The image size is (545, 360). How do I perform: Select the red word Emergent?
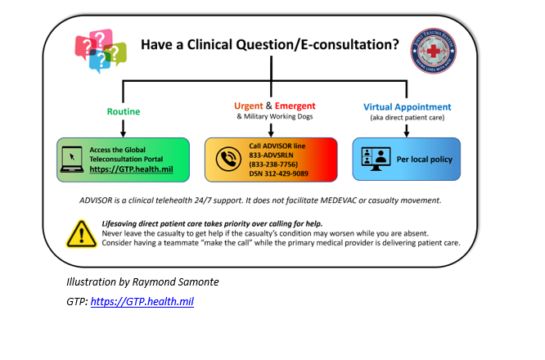[295, 106]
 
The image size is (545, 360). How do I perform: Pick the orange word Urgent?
[250, 106]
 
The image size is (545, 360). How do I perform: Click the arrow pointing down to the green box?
[123, 126]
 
